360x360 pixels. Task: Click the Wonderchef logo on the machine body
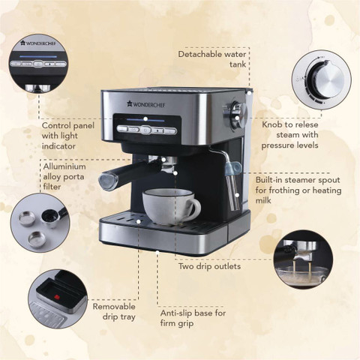pyautogui.click(x=146, y=104)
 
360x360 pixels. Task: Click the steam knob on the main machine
pyautogui.click(x=238, y=115)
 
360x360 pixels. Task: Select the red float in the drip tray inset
pyautogui.click(x=57, y=297)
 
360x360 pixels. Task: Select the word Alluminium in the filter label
pyautogui.click(x=64, y=166)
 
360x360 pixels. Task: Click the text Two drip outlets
pyautogui.click(x=209, y=266)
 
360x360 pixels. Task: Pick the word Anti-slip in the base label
pyautogui.click(x=176, y=313)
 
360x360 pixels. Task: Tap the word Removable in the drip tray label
pyautogui.click(x=114, y=307)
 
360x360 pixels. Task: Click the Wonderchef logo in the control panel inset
pyautogui.click(x=38, y=43)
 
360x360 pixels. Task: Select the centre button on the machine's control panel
pyautogui.click(x=145, y=130)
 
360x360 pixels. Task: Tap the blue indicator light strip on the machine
pyautogui.click(x=145, y=120)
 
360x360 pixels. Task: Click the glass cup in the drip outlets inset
pyautogui.click(x=301, y=274)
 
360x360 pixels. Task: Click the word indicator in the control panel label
pyautogui.click(x=58, y=146)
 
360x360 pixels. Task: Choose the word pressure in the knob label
pyautogui.click(x=277, y=145)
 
